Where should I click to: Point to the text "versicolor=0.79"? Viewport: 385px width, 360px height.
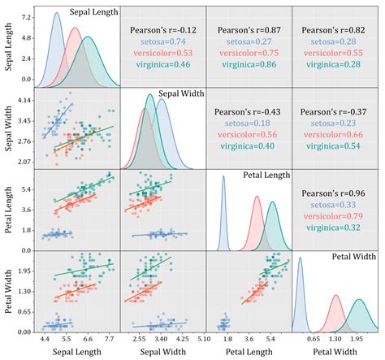coord(334,217)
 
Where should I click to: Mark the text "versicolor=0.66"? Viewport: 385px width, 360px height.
coord(334,134)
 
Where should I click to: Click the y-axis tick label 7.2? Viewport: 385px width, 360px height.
coord(26,16)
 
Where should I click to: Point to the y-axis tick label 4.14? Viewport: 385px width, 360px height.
coord(24,99)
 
